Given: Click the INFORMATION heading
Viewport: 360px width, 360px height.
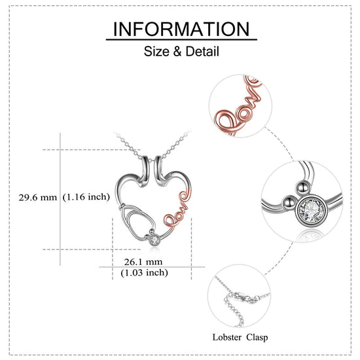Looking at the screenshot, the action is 181,29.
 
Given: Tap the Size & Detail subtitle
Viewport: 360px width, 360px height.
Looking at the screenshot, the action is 181,51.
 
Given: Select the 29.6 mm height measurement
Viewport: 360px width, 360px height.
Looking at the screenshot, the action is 38,197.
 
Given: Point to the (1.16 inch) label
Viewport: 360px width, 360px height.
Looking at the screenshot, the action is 86,197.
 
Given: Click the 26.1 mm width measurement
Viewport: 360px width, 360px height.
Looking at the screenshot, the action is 143,262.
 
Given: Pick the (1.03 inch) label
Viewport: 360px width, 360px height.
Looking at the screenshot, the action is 145,272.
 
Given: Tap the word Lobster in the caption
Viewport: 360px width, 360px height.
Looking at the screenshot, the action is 227,337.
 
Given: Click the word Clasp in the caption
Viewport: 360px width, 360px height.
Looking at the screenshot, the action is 257,337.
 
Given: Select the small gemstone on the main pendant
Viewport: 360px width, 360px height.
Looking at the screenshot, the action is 154,240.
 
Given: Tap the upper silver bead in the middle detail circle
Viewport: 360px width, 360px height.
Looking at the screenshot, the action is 302,189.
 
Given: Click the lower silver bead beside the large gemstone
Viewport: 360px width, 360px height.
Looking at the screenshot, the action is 289,202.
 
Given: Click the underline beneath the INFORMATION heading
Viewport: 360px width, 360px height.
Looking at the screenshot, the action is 181,40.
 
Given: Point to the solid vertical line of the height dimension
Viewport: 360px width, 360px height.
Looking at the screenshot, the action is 60,199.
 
